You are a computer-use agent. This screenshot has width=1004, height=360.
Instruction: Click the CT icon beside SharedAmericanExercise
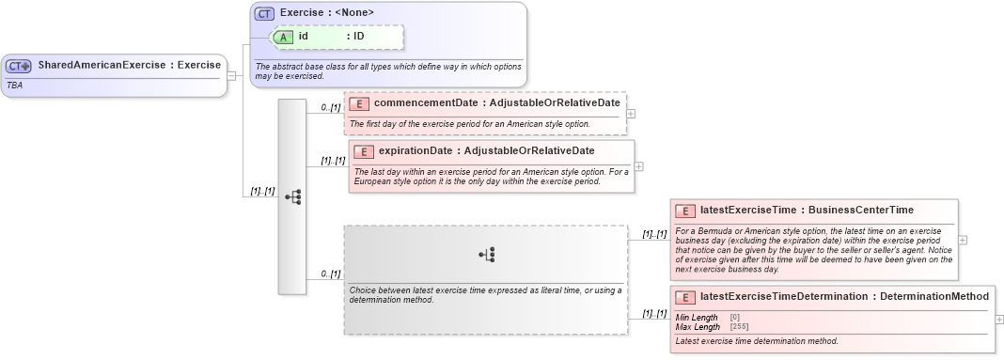19,66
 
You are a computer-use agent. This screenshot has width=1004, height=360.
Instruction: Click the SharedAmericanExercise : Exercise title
129,65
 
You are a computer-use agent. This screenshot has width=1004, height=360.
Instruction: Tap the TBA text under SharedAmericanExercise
15,85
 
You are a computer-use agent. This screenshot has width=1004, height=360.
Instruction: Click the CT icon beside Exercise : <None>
264,13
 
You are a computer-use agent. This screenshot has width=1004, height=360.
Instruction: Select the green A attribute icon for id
283,37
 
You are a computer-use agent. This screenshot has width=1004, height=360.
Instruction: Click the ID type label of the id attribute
358,37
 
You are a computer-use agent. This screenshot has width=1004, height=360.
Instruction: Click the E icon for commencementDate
359,103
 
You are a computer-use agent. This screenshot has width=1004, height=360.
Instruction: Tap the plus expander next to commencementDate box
630,114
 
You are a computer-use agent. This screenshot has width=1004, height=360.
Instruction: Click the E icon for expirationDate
364,151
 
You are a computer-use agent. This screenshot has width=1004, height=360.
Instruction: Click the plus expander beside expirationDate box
639,166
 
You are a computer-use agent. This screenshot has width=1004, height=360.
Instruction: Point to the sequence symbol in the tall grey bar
292,196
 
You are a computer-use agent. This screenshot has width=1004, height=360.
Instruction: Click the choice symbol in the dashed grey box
486,254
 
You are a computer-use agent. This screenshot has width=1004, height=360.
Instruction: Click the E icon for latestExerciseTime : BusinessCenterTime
686,211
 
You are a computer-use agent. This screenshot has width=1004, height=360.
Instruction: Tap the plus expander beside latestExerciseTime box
963,240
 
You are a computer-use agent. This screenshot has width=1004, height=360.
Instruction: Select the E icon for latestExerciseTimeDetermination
686,297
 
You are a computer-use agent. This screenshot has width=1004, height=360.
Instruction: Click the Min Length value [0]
734,318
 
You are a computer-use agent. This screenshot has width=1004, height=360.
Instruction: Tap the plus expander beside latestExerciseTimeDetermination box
998,321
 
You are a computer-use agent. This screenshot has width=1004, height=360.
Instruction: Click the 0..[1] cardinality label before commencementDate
330,107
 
